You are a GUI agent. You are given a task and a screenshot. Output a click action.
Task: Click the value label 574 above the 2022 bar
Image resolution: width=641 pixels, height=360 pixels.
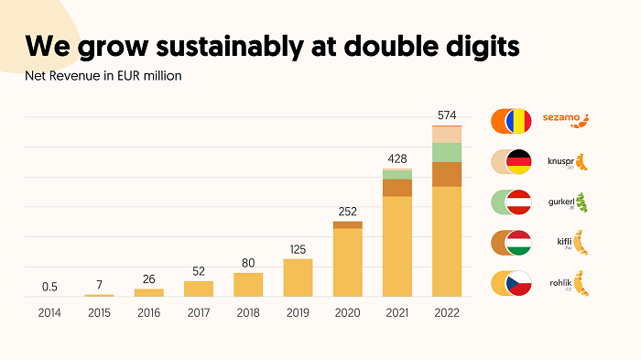coord(446,115)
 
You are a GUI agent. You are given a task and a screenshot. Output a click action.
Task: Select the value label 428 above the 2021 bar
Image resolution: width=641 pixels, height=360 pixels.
coord(397,158)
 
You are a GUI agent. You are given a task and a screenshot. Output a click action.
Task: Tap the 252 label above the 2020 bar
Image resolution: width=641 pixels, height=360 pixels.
coord(347,210)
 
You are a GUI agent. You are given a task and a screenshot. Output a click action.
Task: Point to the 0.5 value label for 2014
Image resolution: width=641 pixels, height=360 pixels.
coord(49,287)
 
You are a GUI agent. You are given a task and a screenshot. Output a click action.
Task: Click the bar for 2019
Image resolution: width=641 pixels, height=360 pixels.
coord(298,278)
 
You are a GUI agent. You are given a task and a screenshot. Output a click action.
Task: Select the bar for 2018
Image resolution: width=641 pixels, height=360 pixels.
coord(248,284)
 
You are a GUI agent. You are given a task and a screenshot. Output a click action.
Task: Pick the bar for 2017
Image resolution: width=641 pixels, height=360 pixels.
coord(199,288)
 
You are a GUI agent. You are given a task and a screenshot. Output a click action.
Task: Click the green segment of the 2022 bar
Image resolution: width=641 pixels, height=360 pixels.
coord(446,152)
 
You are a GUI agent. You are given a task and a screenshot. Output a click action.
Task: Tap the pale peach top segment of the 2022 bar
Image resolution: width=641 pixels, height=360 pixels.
coord(446,134)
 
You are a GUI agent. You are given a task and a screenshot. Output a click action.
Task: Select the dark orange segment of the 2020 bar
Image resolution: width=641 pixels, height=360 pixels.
coord(347,224)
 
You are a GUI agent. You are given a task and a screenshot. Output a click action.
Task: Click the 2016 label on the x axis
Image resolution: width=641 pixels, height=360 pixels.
coord(148,311)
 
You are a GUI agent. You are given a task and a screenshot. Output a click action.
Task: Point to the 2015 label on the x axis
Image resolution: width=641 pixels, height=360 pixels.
coord(99,311)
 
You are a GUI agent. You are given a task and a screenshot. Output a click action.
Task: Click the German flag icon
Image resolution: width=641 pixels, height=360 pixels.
coord(519,161)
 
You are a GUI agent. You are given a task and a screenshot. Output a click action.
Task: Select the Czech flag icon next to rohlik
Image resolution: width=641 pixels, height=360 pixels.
coord(519,283)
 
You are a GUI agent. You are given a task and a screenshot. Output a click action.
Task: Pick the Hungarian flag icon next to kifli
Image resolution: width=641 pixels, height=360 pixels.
coord(519,243)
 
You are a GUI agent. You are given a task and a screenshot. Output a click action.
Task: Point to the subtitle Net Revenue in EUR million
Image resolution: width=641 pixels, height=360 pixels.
coord(103,75)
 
